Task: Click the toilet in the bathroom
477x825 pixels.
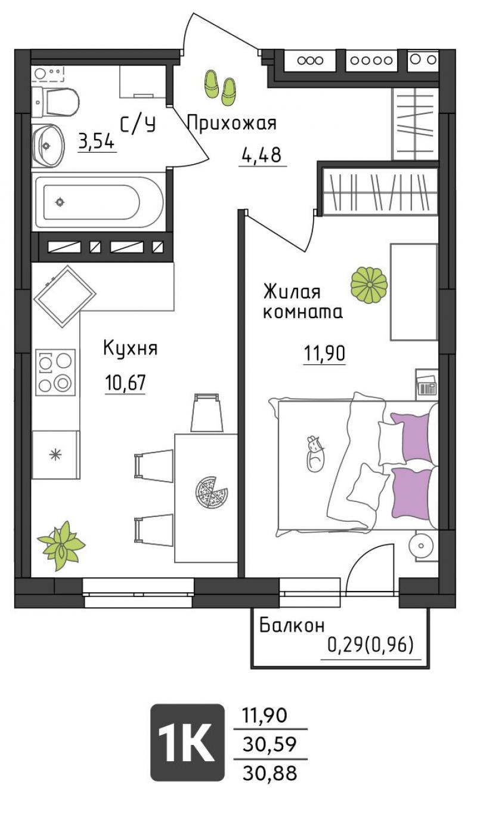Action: (55, 103)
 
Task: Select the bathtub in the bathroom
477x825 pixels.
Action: (99, 202)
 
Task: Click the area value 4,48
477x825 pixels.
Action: (262, 155)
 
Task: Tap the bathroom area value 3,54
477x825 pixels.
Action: (97, 141)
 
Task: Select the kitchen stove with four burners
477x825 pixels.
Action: (55, 373)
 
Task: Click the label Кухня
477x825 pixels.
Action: (131, 347)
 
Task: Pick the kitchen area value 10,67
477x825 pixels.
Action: (125, 383)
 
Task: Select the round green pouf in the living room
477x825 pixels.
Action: (369, 285)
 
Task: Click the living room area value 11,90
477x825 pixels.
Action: (324, 353)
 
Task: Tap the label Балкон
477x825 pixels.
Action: (292, 626)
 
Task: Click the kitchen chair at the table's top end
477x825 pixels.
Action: (207, 412)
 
